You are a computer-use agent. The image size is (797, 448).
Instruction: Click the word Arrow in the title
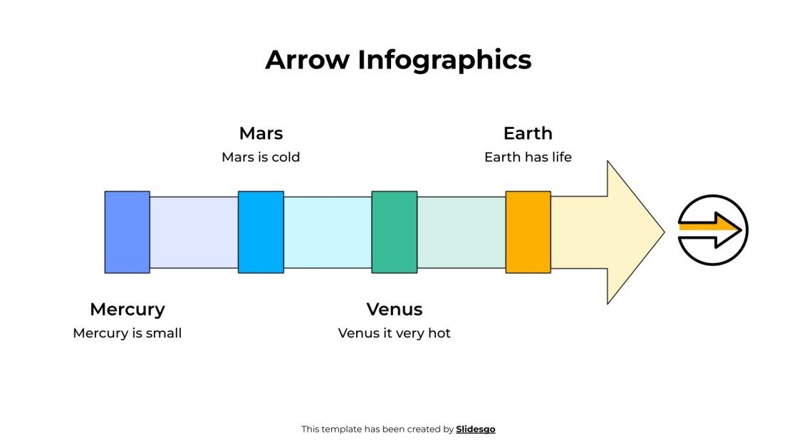click(308, 60)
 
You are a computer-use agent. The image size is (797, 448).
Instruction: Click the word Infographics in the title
click(444, 60)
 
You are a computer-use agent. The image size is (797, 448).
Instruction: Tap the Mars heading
click(261, 133)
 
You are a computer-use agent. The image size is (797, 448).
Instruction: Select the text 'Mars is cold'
click(261, 157)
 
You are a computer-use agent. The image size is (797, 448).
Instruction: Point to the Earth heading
click(528, 133)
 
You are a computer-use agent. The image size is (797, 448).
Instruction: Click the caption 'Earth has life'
click(528, 157)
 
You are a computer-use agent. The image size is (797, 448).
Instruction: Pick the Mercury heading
click(127, 309)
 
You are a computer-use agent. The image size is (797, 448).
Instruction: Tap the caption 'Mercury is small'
click(127, 333)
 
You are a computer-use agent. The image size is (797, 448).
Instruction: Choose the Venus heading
click(395, 309)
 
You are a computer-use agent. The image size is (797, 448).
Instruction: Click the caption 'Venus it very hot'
click(395, 333)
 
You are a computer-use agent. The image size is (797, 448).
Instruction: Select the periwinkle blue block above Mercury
click(127, 232)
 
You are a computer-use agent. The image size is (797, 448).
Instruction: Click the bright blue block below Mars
click(261, 232)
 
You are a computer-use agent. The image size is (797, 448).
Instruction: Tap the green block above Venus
click(395, 232)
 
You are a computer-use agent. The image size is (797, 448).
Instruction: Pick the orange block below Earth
click(528, 232)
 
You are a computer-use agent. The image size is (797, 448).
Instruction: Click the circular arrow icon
click(713, 230)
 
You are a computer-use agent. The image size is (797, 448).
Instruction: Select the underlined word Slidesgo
click(476, 429)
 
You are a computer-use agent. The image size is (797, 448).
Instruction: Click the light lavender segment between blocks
click(194, 232)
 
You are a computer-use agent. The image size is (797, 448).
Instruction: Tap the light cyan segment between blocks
click(328, 232)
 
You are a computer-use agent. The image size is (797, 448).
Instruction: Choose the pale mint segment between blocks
click(461, 232)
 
